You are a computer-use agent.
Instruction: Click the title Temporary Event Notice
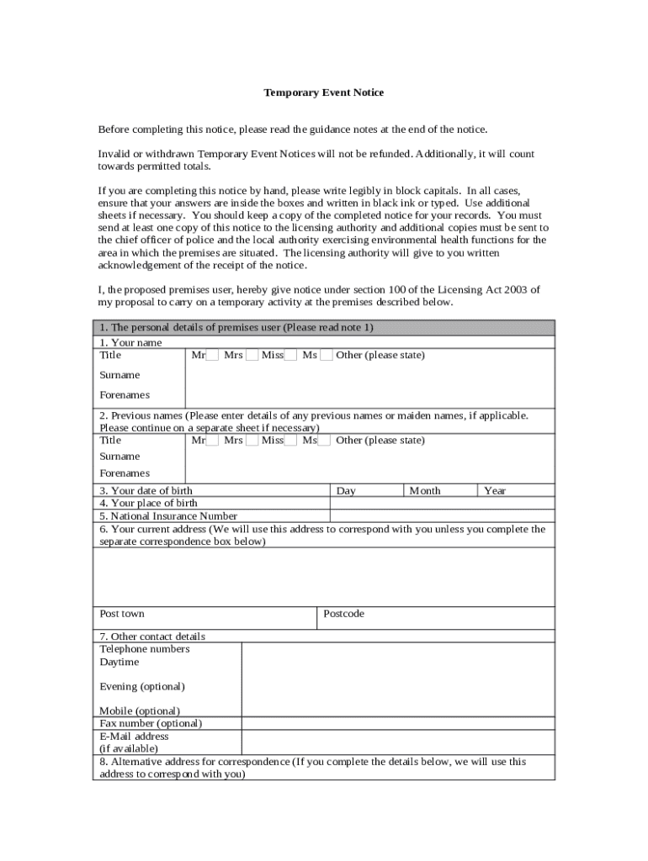[324, 92]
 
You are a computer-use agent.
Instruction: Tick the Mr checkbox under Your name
[213, 356]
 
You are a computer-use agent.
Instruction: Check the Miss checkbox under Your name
[290, 356]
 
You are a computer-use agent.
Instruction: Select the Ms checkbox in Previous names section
[325, 441]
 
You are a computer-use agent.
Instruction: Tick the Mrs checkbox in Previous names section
[252, 441]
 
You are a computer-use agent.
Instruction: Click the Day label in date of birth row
[346, 491]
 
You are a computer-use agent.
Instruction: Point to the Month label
[424, 491]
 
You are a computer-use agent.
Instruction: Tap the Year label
[495, 491]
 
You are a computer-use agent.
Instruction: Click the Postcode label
[344, 614]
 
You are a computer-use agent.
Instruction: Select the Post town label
[122, 614]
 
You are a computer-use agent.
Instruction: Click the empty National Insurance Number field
[442, 515]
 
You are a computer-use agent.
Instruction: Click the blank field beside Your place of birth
[442, 503]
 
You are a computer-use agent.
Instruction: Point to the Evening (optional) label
[142, 687]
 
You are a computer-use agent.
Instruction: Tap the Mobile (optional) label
[140, 710]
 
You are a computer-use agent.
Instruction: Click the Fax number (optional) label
[151, 723]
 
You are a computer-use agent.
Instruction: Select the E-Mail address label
[134, 736]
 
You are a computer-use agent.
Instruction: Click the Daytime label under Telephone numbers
[120, 662]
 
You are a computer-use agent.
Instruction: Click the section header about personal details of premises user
[236, 327]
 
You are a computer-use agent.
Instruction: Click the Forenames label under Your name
[125, 394]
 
